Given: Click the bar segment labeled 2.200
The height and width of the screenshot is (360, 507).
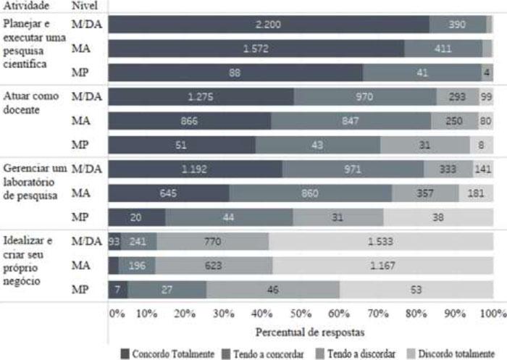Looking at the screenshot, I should [x=269, y=25].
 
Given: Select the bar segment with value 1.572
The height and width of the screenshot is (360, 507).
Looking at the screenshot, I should [x=256, y=49].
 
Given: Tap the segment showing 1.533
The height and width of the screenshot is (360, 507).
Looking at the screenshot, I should [x=381, y=242].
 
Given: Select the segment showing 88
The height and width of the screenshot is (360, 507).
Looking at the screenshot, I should [x=235, y=72].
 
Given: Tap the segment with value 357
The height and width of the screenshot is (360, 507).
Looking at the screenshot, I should [x=425, y=193].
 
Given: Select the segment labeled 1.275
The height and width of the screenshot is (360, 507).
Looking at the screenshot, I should [x=201, y=97].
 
